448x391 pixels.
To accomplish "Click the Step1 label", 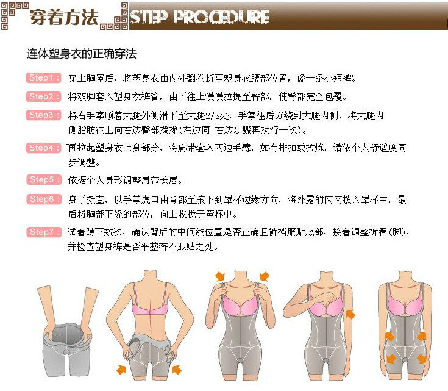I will point(44,79).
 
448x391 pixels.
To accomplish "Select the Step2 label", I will point(44,96).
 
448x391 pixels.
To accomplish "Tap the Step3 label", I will point(44,115).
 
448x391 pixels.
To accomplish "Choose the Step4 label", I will point(44,148).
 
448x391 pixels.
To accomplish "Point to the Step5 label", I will point(44,180).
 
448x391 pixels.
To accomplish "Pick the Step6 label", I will point(44,199).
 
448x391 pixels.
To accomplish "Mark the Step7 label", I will point(44,232).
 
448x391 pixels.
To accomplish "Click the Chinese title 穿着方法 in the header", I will point(63,17).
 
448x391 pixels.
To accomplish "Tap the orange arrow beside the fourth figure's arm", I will point(350,314).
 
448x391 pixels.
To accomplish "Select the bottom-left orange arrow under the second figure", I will point(122,368).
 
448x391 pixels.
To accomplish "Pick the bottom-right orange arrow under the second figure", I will point(177,368).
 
